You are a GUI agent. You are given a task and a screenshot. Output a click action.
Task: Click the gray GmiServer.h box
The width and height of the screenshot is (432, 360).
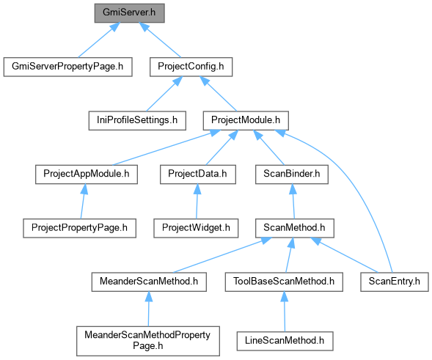(x=130, y=13)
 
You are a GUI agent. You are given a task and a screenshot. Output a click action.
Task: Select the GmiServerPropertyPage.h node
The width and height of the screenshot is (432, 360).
(x=67, y=67)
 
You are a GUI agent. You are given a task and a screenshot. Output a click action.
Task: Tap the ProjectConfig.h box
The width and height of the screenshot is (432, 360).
(x=191, y=67)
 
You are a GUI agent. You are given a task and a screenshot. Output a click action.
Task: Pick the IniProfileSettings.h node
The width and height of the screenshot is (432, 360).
(x=137, y=121)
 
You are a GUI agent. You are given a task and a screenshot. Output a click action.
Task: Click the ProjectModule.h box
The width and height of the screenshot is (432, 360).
(x=246, y=121)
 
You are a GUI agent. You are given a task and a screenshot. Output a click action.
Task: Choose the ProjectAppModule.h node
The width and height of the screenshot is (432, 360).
(x=87, y=175)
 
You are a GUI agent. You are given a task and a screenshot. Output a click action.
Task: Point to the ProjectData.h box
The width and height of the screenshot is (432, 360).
(x=198, y=175)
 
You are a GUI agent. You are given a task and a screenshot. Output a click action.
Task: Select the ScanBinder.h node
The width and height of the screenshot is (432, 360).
(x=292, y=175)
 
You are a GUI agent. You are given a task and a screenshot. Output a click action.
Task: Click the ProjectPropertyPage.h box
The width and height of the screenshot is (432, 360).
(x=80, y=228)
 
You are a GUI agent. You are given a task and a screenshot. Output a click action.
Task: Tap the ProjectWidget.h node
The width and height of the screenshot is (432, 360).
(x=196, y=228)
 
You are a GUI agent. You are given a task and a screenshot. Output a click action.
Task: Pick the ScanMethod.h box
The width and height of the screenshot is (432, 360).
(x=295, y=228)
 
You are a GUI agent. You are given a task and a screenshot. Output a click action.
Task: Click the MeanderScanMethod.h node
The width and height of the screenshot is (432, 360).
(x=149, y=282)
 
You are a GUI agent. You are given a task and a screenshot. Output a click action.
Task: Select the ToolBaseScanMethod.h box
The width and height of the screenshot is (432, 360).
(x=284, y=282)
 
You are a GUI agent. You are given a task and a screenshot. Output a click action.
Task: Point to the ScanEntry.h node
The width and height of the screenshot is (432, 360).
(x=395, y=282)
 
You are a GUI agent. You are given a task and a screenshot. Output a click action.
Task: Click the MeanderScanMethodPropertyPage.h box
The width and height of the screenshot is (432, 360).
(x=148, y=341)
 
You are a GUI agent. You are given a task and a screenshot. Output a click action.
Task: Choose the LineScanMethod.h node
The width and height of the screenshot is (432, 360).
(x=285, y=341)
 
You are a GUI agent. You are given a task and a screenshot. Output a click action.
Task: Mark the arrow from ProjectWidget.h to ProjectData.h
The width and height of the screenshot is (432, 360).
(x=197, y=202)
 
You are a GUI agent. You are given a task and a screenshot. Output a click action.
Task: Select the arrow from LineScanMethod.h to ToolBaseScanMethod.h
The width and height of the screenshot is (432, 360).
(x=285, y=312)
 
